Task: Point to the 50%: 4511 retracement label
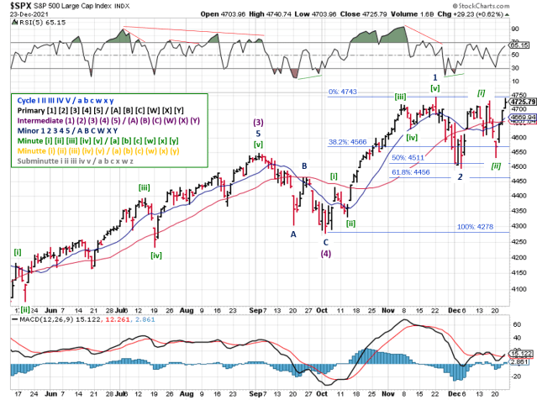(x=430, y=157)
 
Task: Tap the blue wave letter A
(x=292, y=234)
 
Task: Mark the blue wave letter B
(x=303, y=166)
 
